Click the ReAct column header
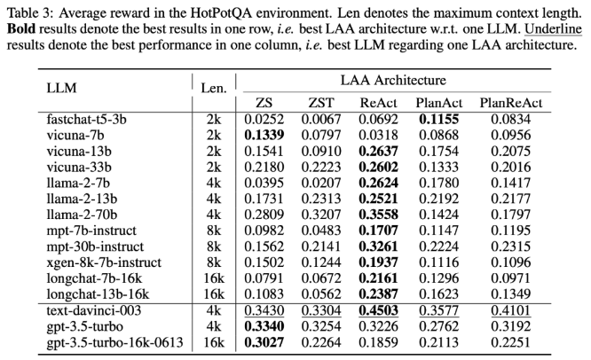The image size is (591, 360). (x=378, y=103)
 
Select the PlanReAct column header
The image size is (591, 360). (x=511, y=103)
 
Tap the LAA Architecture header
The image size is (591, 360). (x=393, y=80)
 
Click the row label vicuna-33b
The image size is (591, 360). (x=79, y=167)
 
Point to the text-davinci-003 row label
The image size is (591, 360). (x=94, y=310)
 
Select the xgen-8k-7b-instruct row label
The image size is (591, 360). (x=104, y=262)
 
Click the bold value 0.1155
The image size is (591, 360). (x=438, y=120)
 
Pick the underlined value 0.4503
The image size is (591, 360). (x=378, y=310)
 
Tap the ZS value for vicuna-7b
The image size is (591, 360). (x=264, y=135)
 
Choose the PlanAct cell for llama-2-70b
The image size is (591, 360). (x=438, y=215)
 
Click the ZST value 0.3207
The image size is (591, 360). (x=321, y=215)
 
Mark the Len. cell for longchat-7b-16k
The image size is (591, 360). (x=214, y=278)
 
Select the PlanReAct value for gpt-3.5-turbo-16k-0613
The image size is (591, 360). (x=511, y=342)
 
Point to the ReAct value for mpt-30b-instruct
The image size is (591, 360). (x=378, y=247)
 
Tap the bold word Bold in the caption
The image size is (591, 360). (x=21, y=29)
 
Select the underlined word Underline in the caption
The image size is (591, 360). (x=554, y=29)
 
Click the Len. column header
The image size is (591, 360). (x=214, y=88)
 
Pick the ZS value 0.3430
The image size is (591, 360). (x=264, y=310)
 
